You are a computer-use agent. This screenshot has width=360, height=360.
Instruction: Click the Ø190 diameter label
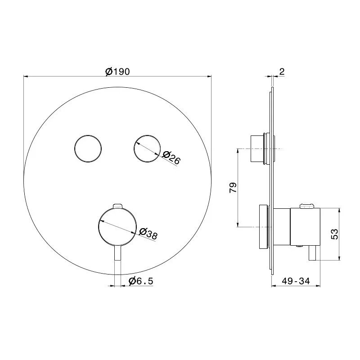117,72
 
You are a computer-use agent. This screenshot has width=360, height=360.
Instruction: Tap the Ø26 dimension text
171,157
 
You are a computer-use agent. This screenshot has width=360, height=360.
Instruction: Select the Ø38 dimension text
148,234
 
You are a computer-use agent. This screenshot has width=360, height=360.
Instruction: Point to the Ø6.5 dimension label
141,281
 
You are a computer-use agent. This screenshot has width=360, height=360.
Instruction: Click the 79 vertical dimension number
233,188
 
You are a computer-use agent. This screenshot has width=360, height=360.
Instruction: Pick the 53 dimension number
335,234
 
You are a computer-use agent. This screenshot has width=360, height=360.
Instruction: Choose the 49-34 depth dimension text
296,281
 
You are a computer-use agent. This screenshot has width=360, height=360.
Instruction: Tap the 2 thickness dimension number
282,72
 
